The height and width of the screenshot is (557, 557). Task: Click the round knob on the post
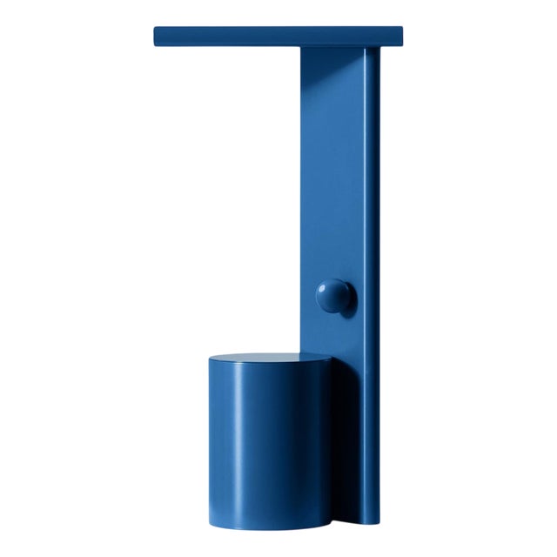pos(334,296)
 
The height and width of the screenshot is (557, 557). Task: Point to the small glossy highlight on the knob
pos(328,288)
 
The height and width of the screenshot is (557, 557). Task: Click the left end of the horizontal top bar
pos(158,36)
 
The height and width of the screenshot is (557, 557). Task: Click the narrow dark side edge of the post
pos(372,261)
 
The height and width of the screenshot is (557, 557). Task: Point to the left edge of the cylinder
pos(209,435)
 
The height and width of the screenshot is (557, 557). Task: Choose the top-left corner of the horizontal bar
pos(155,28)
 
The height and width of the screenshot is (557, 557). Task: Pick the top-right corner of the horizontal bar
pos(404,28)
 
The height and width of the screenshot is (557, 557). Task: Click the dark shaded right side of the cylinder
pos(318,435)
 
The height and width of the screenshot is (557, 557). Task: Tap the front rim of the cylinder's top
pos(270,366)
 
